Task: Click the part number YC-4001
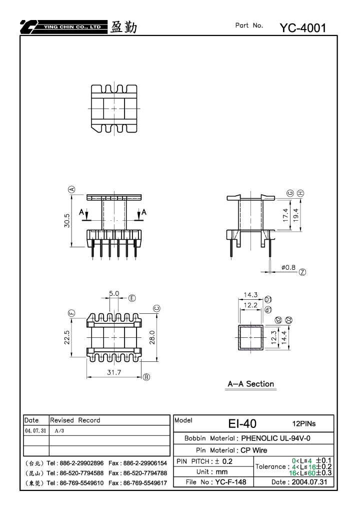[302, 28]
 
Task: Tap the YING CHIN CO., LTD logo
[63, 27]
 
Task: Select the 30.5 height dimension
[67, 221]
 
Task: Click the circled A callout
[72, 189]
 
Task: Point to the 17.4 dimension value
[285, 215]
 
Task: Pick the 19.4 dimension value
[295, 215]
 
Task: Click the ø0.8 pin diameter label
[288, 267]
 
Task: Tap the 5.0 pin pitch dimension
[114, 293]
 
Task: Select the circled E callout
[132, 298]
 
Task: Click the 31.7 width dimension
[114, 372]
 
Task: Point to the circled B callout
[146, 377]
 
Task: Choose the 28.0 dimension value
[152, 337]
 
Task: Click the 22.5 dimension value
[67, 337]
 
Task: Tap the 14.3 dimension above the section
[250, 295]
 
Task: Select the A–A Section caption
[251, 384]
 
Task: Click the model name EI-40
[242, 423]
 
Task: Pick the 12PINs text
[304, 423]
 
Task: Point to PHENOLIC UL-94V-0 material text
[275, 438]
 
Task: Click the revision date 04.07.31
[35, 430]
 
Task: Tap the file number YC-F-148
[230, 482]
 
